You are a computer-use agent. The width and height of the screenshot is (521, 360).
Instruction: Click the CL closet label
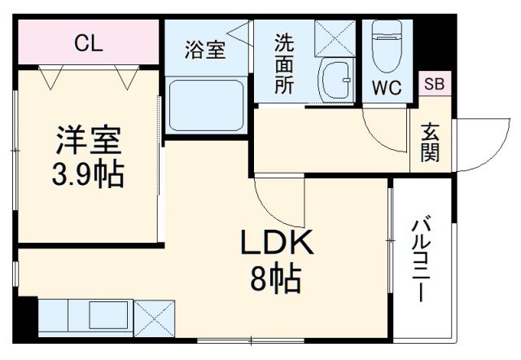pyautogui.click(x=89, y=44)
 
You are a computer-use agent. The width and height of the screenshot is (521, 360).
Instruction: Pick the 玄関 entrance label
pyautogui.click(x=430, y=142)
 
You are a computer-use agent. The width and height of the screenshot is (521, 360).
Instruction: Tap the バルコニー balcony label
pyautogui.click(x=421, y=260)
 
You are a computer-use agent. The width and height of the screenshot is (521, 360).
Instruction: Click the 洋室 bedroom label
pyautogui.click(x=89, y=141)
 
